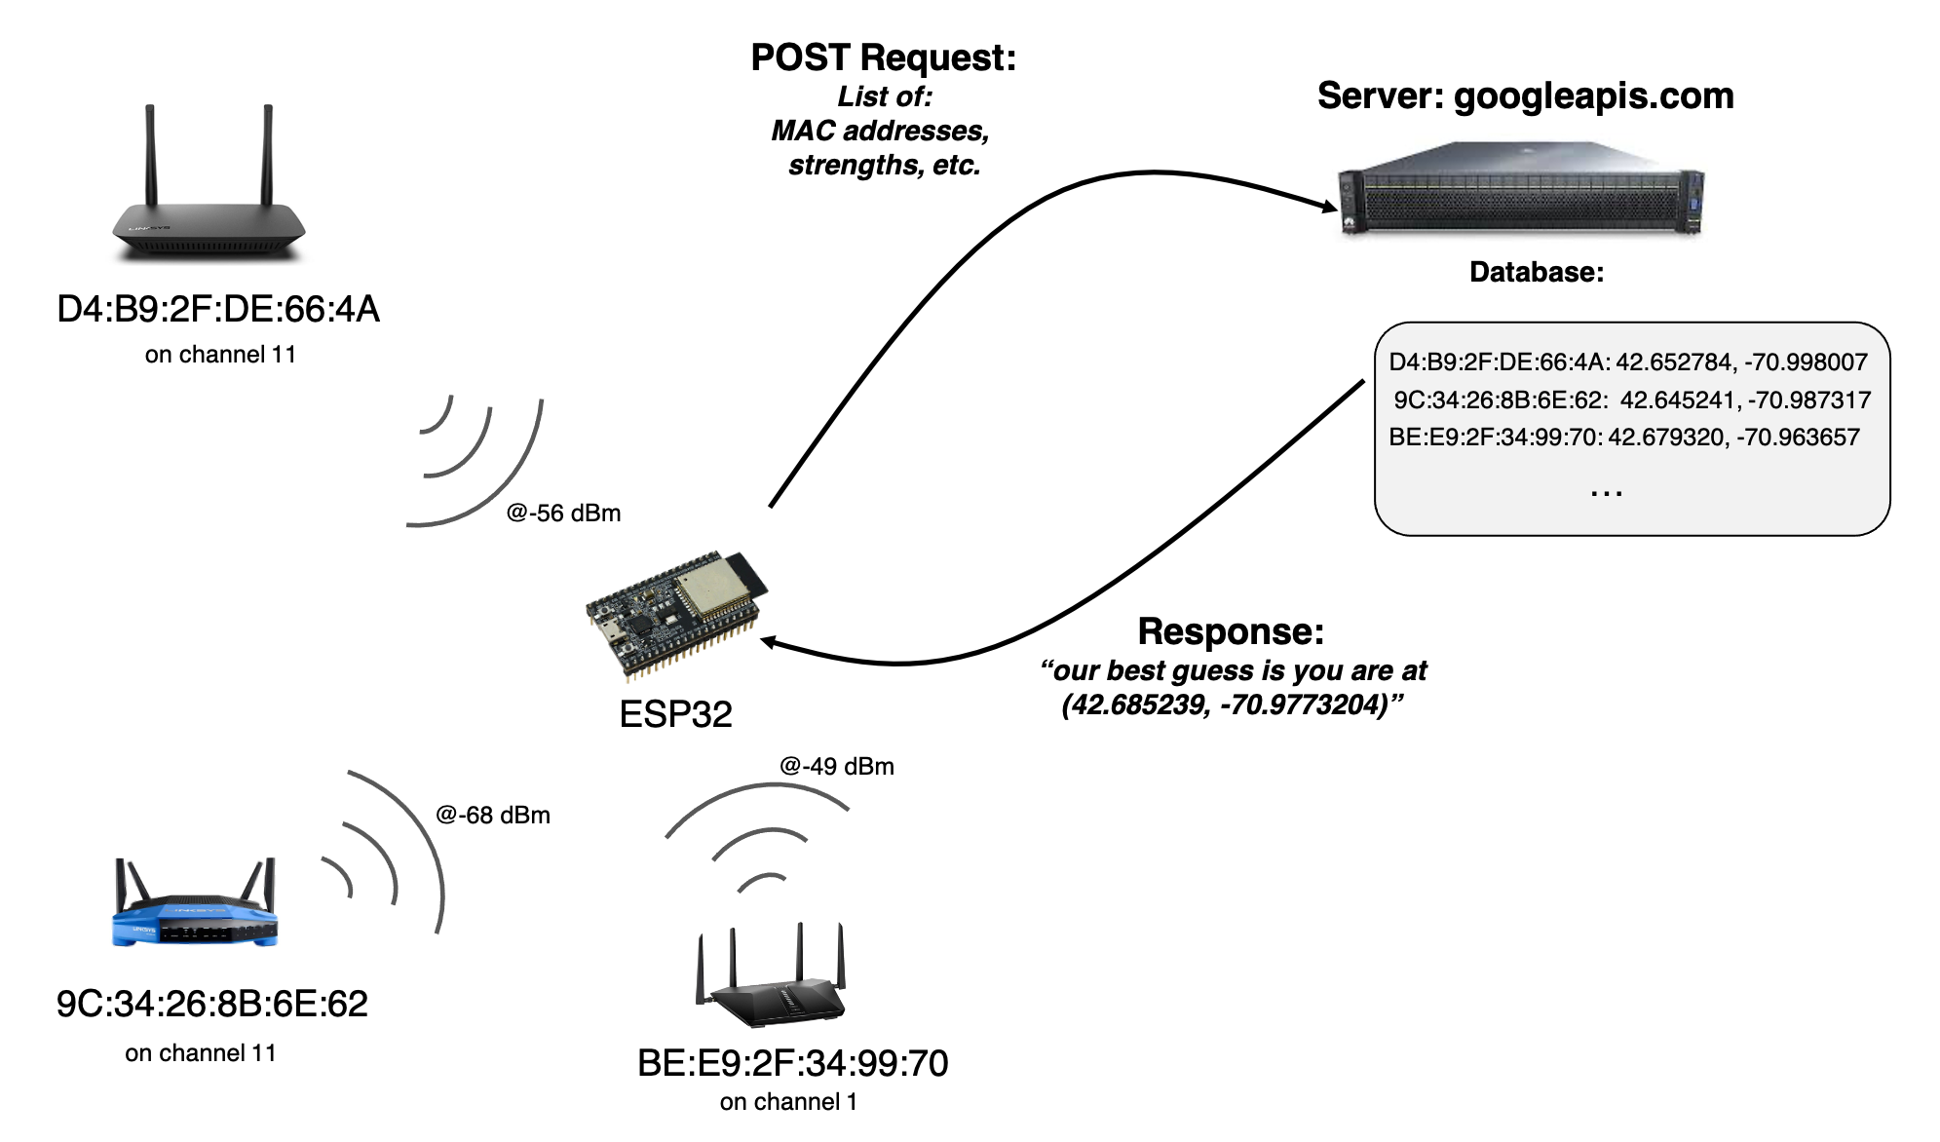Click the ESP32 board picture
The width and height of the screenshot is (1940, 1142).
click(x=676, y=614)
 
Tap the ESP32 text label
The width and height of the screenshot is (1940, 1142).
click(x=675, y=714)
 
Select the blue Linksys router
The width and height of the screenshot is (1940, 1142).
click(x=195, y=905)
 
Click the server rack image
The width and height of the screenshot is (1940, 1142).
click(x=1521, y=190)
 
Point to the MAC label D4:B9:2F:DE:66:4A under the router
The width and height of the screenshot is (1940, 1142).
click(x=218, y=309)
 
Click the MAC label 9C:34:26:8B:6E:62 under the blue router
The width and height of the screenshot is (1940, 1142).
click(x=212, y=1004)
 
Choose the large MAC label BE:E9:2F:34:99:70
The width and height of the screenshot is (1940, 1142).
click(x=792, y=1063)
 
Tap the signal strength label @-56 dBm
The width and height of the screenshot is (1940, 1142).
click(x=563, y=514)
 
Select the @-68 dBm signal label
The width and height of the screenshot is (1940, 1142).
click(x=493, y=816)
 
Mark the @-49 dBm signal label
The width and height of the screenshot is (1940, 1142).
click(x=837, y=767)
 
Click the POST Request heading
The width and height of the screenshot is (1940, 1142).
click(x=883, y=57)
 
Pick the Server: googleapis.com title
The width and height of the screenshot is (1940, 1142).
click(x=1525, y=96)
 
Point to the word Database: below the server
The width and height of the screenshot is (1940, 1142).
click(x=1537, y=272)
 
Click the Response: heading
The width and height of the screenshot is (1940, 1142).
click(x=1231, y=631)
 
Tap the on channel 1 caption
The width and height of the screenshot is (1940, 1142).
click(x=788, y=1102)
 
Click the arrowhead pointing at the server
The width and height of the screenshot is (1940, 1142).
click(x=1327, y=206)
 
